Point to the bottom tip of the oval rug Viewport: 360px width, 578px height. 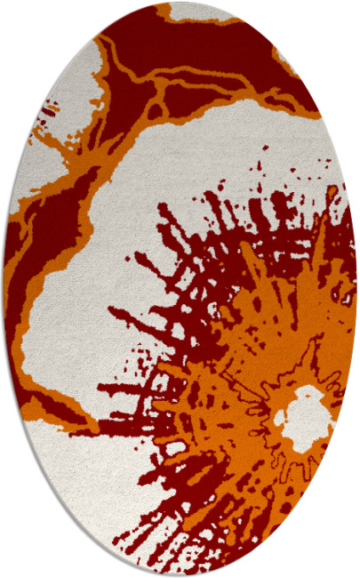coord(180,574)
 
